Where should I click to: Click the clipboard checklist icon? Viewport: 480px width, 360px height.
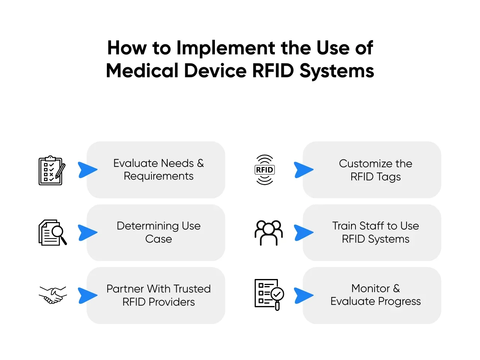click(x=52, y=171)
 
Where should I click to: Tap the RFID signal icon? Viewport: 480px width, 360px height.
click(x=264, y=170)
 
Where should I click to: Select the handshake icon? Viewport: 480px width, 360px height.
click(x=53, y=295)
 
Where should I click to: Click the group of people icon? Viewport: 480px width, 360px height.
click(x=268, y=233)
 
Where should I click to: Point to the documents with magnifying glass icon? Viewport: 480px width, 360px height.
click(x=52, y=232)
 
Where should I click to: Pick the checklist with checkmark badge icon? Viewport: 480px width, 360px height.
click(x=269, y=294)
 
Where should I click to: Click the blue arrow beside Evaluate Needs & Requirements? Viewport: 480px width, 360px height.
click(x=87, y=170)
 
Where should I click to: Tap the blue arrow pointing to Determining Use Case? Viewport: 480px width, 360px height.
click(x=87, y=232)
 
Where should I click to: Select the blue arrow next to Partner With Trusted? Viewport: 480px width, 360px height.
click(x=87, y=295)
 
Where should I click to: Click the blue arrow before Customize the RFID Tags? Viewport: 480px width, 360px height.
click(x=303, y=170)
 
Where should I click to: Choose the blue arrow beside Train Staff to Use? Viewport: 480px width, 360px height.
click(x=303, y=232)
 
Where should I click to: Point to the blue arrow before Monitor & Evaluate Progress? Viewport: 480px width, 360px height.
click(x=303, y=295)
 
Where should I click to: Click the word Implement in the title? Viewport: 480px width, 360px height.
click(x=226, y=48)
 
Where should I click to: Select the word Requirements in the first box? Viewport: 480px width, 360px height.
click(x=159, y=176)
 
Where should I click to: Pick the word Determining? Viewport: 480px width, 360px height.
click(x=148, y=226)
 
